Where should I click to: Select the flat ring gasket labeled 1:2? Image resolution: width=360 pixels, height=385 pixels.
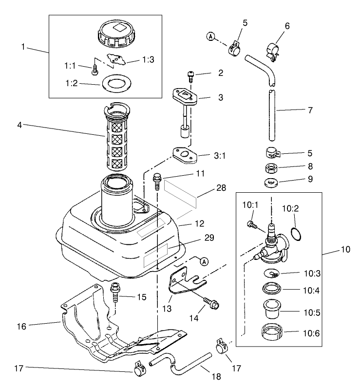click(115, 82)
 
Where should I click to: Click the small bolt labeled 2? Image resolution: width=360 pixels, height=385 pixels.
click(191, 75)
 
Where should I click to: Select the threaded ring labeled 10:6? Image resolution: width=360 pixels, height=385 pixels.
click(273, 334)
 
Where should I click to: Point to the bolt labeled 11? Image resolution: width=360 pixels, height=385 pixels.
click(157, 182)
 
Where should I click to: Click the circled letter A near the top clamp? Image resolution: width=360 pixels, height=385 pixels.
click(211, 37)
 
